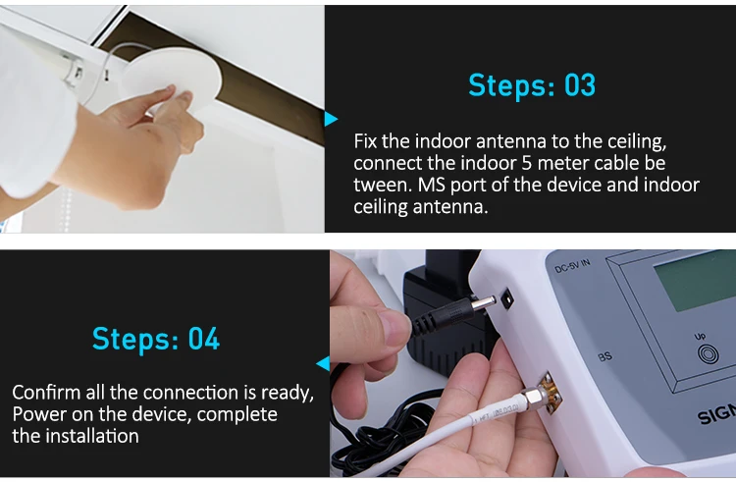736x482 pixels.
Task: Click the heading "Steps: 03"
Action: point(531,85)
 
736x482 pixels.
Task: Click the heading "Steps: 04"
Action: point(156,340)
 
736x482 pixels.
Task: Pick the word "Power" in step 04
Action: point(37,414)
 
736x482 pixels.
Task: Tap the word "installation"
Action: point(89,436)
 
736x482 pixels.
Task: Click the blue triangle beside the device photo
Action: point(323,363)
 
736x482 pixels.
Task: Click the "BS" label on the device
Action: point(605,357)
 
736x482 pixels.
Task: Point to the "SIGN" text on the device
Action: point(716,416)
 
